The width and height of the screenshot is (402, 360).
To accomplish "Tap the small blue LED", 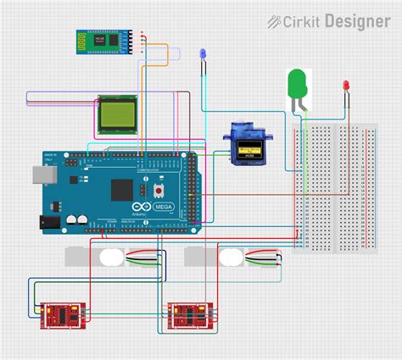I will (203, 55).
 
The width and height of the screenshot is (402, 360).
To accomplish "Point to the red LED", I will (346, 86).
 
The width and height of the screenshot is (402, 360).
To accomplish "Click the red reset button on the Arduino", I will (159, 191).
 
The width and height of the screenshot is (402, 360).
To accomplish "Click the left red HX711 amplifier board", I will (62, 314).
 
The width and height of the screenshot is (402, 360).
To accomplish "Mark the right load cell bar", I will (230, 258).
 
